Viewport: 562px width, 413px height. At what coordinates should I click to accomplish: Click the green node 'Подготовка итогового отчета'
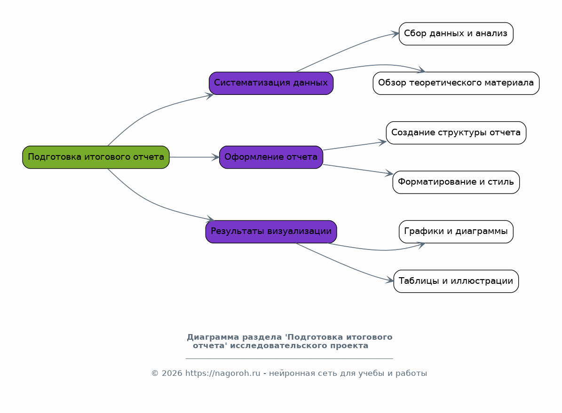pyautogui.click(x=95, y=157)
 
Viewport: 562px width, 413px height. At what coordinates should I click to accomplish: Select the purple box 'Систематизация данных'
pyautogui.click(x=271, y=83)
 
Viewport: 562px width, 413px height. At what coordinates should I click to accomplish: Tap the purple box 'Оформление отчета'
pyautogui.click(x=271, y=157)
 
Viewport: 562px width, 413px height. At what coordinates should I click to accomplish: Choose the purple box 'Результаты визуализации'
pyautogui.click(x=271, y=231)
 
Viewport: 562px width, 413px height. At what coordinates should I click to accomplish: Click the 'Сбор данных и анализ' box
pyautogui.click(x=456, y=34)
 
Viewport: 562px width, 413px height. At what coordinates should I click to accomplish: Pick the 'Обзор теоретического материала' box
pyautogui.click(x=456, y=83)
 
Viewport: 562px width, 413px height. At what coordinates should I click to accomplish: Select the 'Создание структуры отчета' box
pyautogui.click(x=456, y=132)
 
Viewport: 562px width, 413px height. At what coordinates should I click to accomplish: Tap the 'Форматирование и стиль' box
pyautogui.click(x=456, y=182)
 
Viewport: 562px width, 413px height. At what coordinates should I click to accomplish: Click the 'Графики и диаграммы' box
pyautogui.click(x=456, y=231)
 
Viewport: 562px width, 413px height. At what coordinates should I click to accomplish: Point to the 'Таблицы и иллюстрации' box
pyautogui.click(x=456, y=281)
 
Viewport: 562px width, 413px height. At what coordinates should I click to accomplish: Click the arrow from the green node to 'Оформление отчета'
pyautogui.click(x=194, y=157)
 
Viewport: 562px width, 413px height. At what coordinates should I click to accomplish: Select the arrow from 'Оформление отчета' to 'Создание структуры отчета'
pyautogui.click(x=355, y=146)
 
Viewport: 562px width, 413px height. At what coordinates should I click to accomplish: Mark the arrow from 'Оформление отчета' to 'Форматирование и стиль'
pyautogui.click(x=358, y=170)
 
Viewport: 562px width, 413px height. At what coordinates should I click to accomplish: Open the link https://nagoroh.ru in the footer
pyautogui.click(x=222, y=373)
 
